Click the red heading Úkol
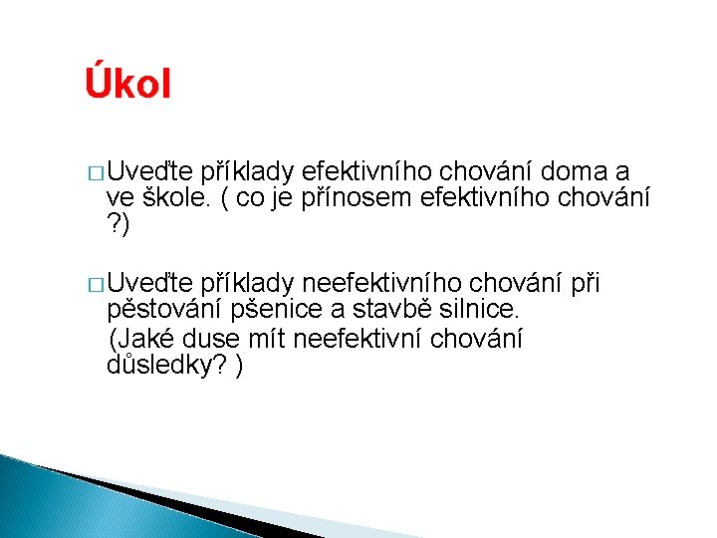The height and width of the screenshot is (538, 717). (x=127, y=83)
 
